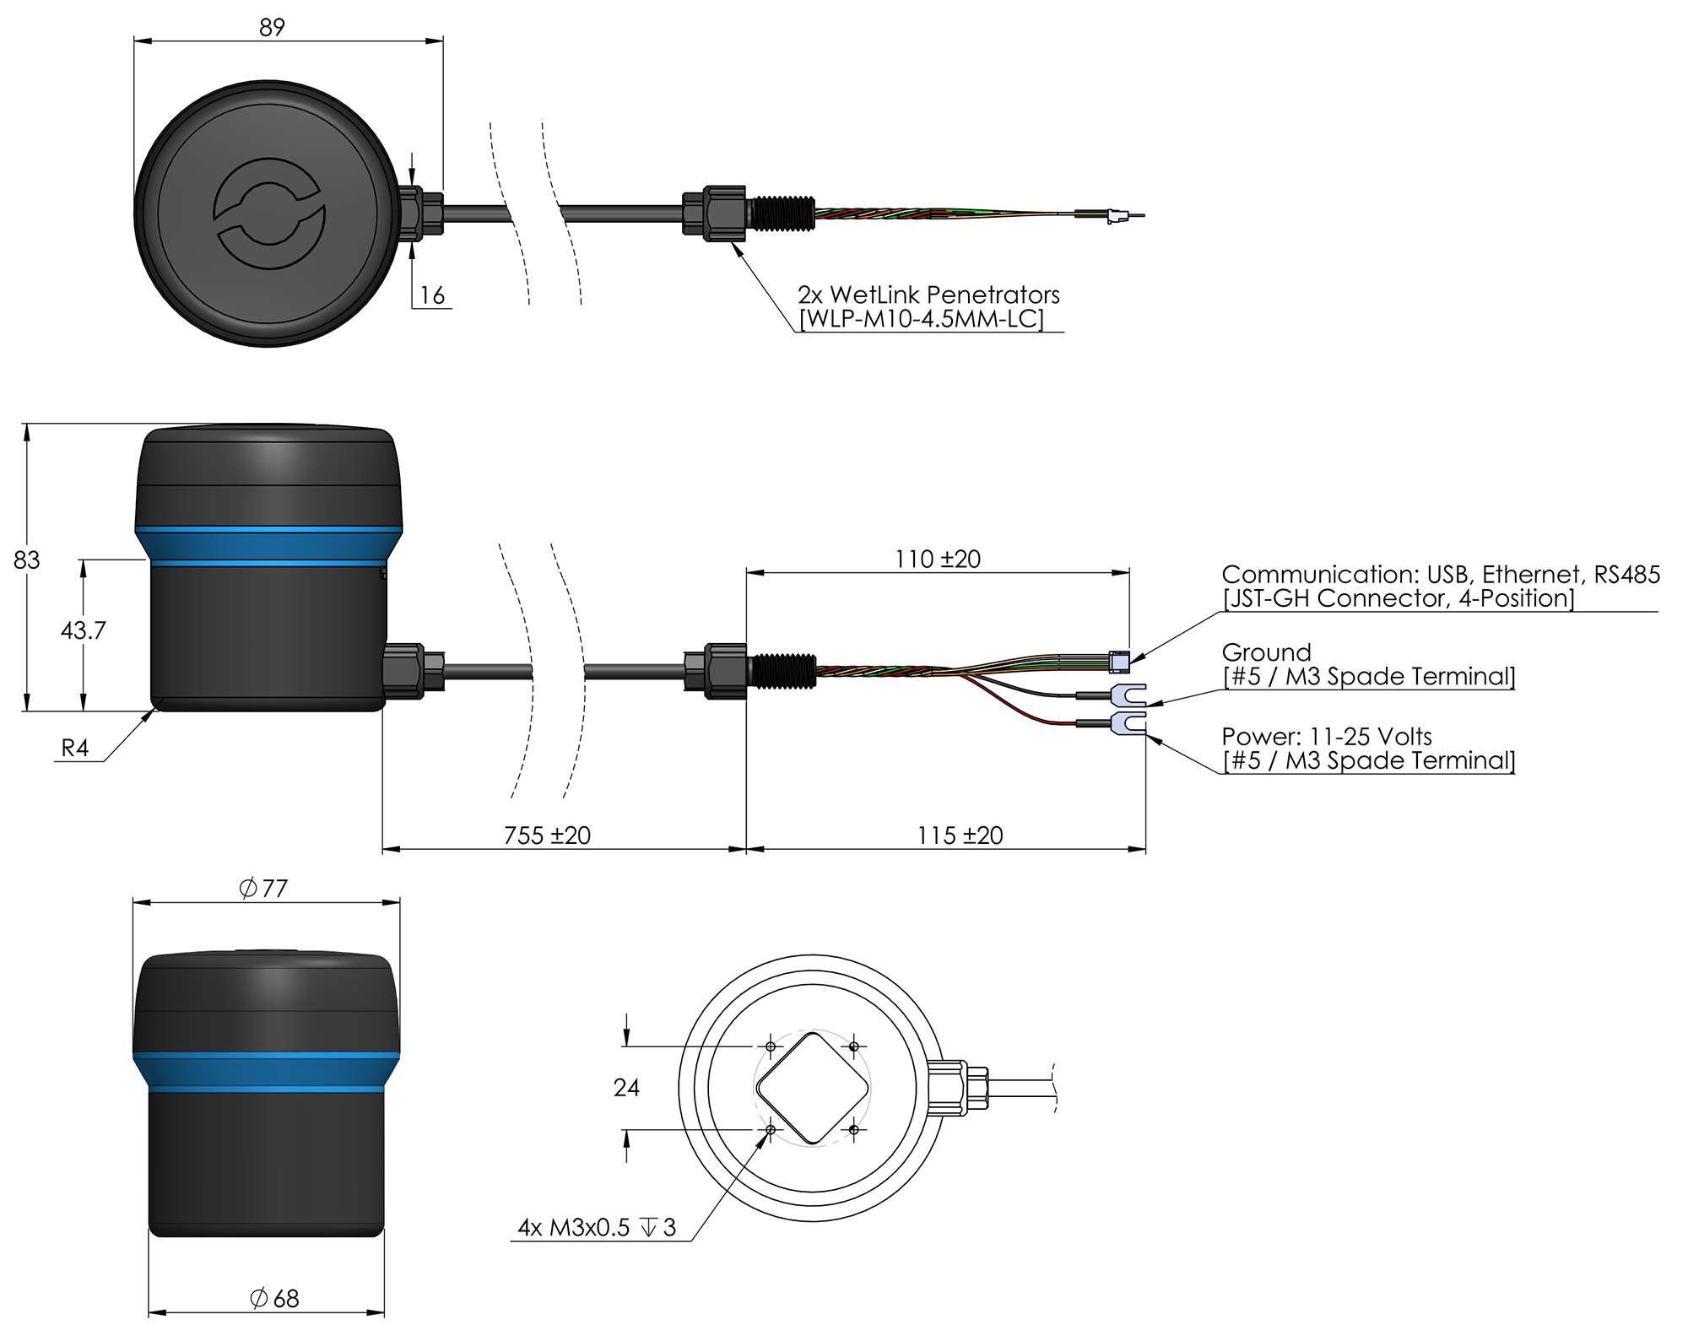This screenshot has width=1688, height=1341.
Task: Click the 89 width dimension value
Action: (272, 27)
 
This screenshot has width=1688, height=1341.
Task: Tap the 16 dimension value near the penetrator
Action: (432, 295)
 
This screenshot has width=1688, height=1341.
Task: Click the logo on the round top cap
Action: (268, 214)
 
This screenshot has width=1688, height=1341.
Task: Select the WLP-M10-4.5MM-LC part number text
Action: (921, 320)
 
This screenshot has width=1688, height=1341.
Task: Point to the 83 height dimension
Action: (27, 560)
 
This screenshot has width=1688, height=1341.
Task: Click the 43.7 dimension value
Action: (83, 630)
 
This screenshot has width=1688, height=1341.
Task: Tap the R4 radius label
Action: (75, 749)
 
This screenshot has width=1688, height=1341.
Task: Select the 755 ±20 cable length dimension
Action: (547, 835)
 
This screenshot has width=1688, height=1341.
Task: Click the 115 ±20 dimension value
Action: (960, 835)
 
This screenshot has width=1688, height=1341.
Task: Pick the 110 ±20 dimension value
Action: (938, 560)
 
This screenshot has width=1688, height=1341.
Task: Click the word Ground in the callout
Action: (1266, 652)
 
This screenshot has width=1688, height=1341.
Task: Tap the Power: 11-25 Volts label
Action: (1327, 736)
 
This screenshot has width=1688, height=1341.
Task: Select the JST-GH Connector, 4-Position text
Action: (1399, 598)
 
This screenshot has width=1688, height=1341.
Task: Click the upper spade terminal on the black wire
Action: (1128, 695)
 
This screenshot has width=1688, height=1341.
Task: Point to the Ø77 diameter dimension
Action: (263, 889)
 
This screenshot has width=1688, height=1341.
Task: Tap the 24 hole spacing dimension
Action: (626, 1088)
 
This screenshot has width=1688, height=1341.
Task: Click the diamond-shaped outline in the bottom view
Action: (813, 1089)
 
